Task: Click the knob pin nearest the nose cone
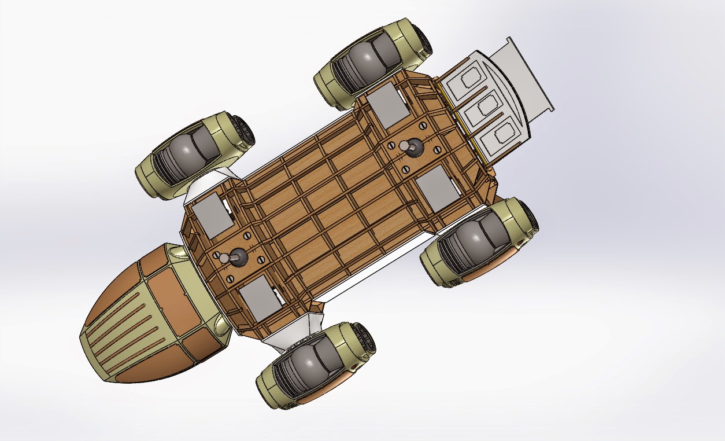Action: (237, 258)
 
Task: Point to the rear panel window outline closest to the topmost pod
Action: (470, 77)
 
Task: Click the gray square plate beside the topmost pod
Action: (387, 104)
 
